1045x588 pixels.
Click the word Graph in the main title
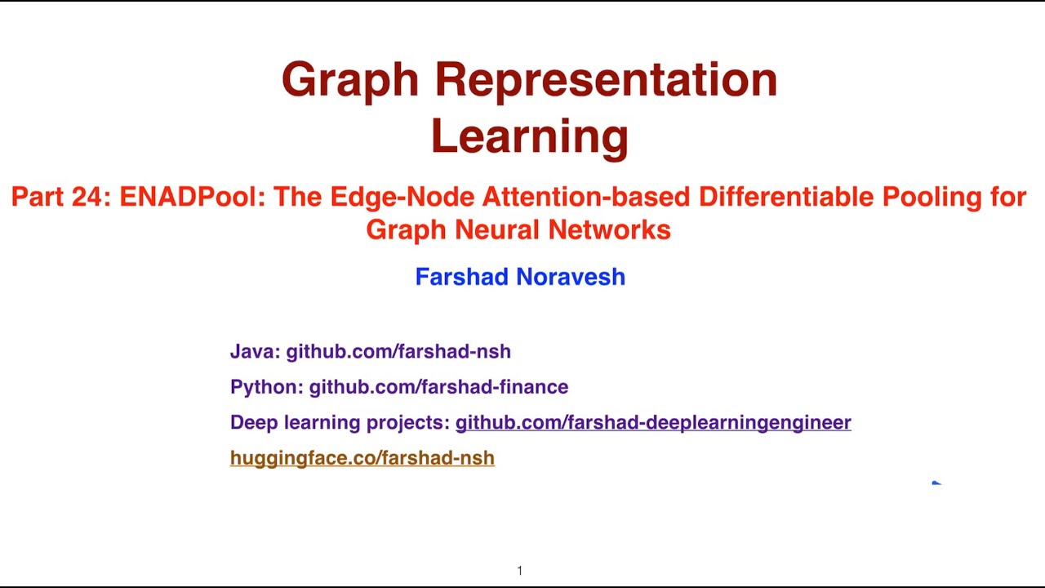(x=349, y=81)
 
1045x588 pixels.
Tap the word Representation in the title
(x=605, y=81)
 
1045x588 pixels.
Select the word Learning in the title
(x=529, y=136)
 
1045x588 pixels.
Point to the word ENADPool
(x=193, y=197)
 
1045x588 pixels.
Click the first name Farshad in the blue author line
(x=462, y=277)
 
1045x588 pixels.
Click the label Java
(x=254, y=351)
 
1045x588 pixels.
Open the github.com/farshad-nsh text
(x=398, y=351)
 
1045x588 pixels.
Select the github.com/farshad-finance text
(x=438, y=387)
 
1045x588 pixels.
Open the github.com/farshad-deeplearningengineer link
(x=653, y=422)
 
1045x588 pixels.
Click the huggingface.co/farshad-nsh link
(x=362, y=458)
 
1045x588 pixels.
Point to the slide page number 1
(x=519, y=571)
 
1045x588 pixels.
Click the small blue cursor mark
(x=936, y=483)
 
